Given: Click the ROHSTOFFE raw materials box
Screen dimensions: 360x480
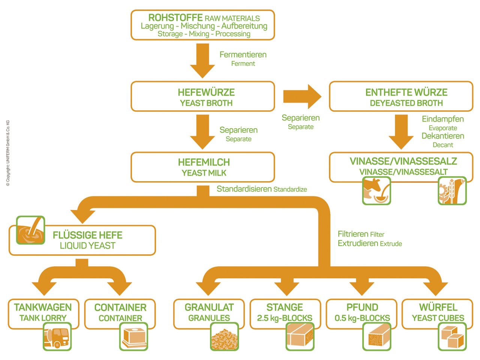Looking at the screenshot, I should [x=202, y=25].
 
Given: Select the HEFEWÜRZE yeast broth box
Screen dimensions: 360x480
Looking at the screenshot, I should [x=202, y=97].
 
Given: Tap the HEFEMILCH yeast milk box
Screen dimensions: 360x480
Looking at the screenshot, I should [x=202, y=167].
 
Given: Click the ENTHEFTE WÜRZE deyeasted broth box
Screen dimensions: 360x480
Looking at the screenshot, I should [x=401, y=97].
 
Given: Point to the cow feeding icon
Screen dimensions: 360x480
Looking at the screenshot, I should [x=376, y=190].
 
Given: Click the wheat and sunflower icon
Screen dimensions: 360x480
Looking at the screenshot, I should [x=452, y=190].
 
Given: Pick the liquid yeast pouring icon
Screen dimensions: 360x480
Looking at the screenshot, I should [x=30, y=230].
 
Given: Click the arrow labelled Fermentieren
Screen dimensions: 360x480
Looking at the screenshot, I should [x=202, y=60].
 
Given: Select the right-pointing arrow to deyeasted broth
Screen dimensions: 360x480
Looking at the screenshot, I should [x=302, y=97].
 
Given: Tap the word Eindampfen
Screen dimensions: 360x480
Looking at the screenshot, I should [x=442, y=119].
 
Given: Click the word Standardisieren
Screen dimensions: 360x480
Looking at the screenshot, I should [x=244, y=189].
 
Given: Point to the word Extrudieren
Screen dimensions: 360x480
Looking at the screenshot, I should [x=358, y=243].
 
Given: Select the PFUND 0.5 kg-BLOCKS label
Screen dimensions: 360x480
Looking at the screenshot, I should [x=362, y=312].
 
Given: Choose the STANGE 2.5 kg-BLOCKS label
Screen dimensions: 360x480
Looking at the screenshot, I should [x=285, y=312].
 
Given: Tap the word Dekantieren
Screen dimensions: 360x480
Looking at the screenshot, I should [x=442, y=136].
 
